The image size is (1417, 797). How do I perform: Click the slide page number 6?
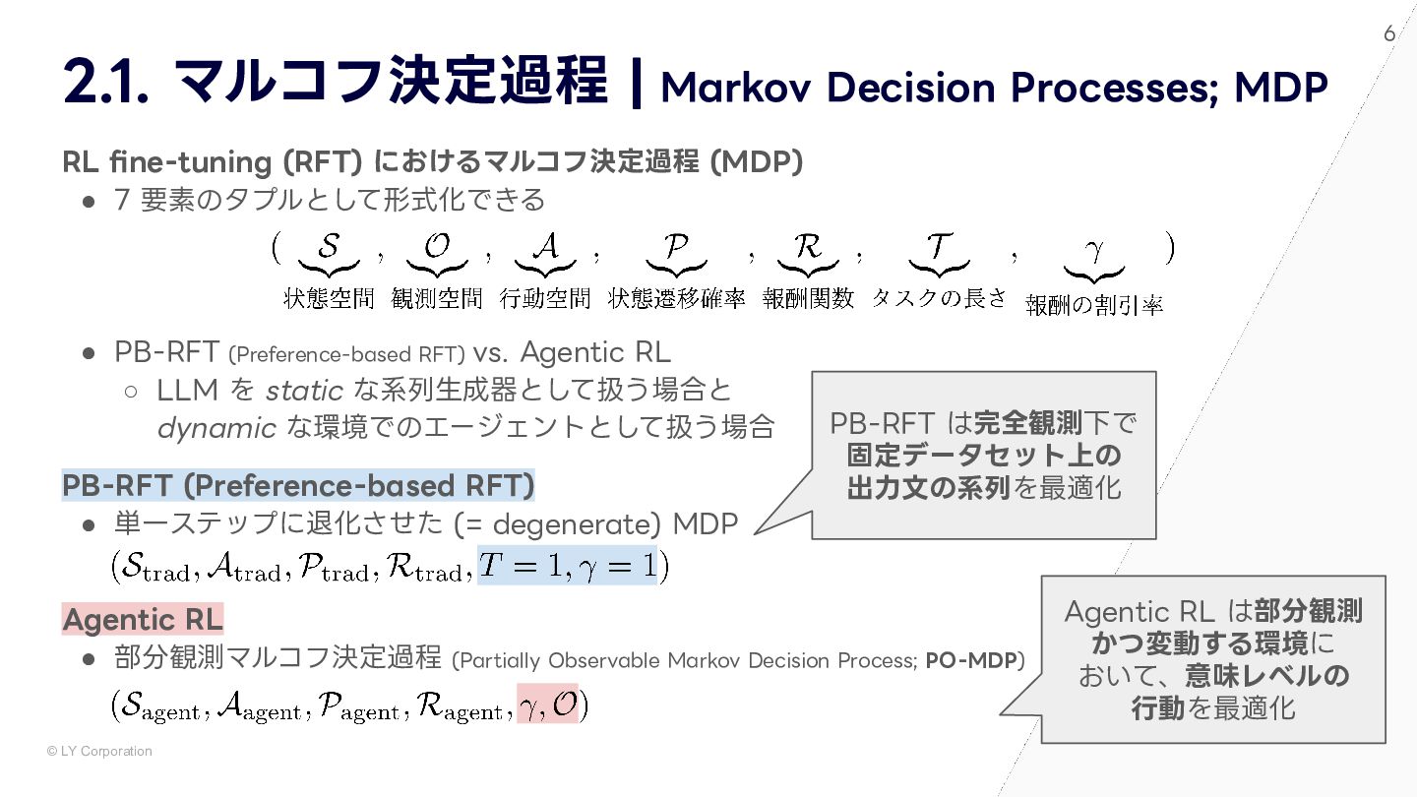pos(1389,33)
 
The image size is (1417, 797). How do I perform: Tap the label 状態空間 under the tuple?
pos(329,298)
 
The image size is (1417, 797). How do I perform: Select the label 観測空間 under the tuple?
pos(437,298)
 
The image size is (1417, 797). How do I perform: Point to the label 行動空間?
pos(545,298)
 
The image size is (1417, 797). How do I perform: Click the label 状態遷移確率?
pos(676,298)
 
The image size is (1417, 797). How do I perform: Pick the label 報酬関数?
pos(808,298)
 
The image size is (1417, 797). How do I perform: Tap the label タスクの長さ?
pos(939,298)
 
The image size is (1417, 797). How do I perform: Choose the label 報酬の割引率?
pos(1094,305)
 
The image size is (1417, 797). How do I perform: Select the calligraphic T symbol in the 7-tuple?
pos(937,247)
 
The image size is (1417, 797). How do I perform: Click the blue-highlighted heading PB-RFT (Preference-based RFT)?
pos(298,486)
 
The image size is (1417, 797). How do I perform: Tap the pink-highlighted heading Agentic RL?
pos(143,620)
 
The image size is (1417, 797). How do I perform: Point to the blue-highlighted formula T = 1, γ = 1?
pos(567,566)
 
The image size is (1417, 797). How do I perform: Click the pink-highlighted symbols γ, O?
pos(547,705)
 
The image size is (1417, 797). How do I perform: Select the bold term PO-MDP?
pos(971,660)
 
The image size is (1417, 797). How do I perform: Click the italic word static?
pos(304,391)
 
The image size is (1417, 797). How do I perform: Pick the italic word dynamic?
pos(216,428)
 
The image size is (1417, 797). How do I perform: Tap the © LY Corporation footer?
pos(99,752)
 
